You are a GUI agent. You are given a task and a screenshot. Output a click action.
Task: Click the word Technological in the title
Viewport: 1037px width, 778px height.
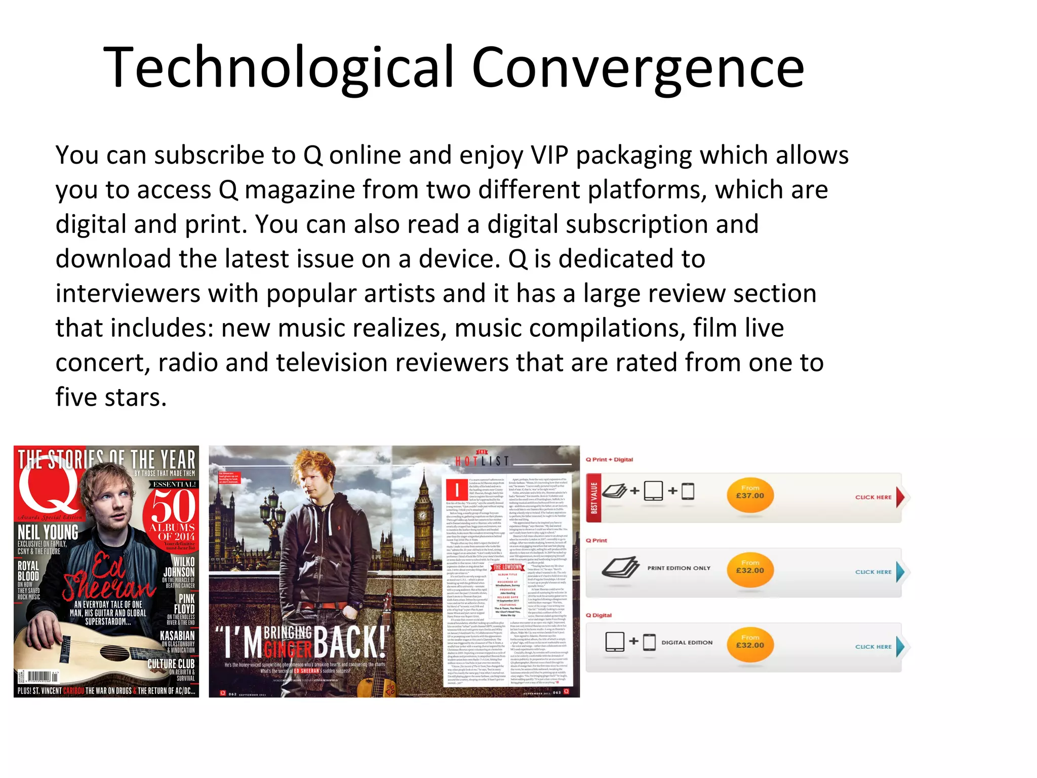coord(279,67)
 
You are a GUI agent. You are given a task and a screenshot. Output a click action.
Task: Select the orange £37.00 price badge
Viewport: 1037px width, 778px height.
coord(750,495)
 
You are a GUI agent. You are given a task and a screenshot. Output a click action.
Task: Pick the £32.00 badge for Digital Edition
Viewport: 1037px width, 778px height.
coord(750,644)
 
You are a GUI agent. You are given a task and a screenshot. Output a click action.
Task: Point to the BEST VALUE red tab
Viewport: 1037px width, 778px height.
coord(594,497)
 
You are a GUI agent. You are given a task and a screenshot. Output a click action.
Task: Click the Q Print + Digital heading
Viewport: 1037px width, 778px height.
coord(609,459)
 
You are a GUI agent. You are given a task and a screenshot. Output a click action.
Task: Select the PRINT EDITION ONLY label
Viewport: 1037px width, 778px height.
coord(679,568)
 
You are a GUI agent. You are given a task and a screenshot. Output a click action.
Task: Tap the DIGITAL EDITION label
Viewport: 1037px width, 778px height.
coord(687,642)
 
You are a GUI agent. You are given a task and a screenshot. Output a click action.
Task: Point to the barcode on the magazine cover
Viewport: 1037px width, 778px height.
coord(38,677)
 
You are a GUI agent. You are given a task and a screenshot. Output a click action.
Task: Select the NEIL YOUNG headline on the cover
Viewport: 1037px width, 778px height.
coord(48,532)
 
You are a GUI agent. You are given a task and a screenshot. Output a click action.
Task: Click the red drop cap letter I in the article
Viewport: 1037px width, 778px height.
coord(457,489)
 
